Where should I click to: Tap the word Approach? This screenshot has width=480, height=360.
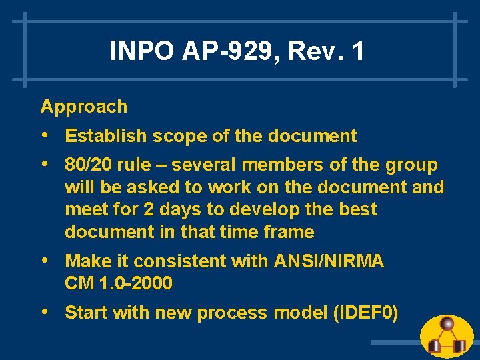coord(84,107)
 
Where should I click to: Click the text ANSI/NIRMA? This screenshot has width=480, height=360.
coord(329,261)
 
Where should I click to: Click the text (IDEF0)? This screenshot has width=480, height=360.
coord(365,313)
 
